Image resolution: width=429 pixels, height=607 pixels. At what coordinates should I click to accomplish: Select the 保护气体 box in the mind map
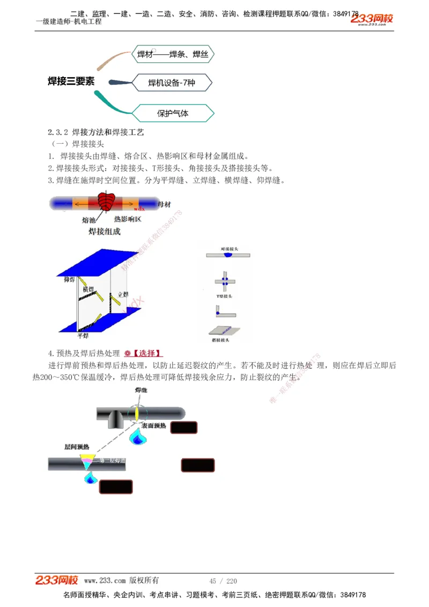pyautogui.click(x=173, y=113)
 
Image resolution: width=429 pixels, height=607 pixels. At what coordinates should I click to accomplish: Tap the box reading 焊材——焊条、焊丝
pyautogui.click(x=173, y=54)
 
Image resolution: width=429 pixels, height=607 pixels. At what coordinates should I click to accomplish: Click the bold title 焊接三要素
pyautogui.click(x=71, y=81)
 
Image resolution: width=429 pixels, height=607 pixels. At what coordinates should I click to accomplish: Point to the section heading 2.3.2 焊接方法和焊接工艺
pyautogui.click(x=96, y=132)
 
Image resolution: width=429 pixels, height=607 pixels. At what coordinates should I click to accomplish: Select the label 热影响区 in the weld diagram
pyautogui.click(x=128, y=220)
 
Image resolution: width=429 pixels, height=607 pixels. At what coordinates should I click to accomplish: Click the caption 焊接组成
pyautogui.click(x=105, y=232)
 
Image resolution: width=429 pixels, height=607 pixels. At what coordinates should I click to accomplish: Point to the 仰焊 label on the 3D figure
pyautogui.click(x=69, y=279)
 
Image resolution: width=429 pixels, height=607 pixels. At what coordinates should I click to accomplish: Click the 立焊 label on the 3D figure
pyautogui.click(x=123, y=294)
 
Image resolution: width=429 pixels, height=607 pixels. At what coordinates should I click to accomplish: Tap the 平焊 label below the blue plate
pyautogui.click(x=82, y=336)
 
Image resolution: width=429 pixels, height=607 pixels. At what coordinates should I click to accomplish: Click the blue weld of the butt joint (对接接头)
pyautogui.click(x=228, y=257)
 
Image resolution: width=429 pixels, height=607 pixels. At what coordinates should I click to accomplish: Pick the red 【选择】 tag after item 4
pyautogui.click(x=146, y=353)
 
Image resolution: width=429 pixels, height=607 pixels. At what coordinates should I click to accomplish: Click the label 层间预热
pyautogui.click(x=77, y=447)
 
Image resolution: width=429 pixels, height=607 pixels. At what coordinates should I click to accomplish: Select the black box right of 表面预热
pyautogui.click(x=183, y=427)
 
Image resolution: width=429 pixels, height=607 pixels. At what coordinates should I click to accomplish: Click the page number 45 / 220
pyautogui.click(x=223, y=581)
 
